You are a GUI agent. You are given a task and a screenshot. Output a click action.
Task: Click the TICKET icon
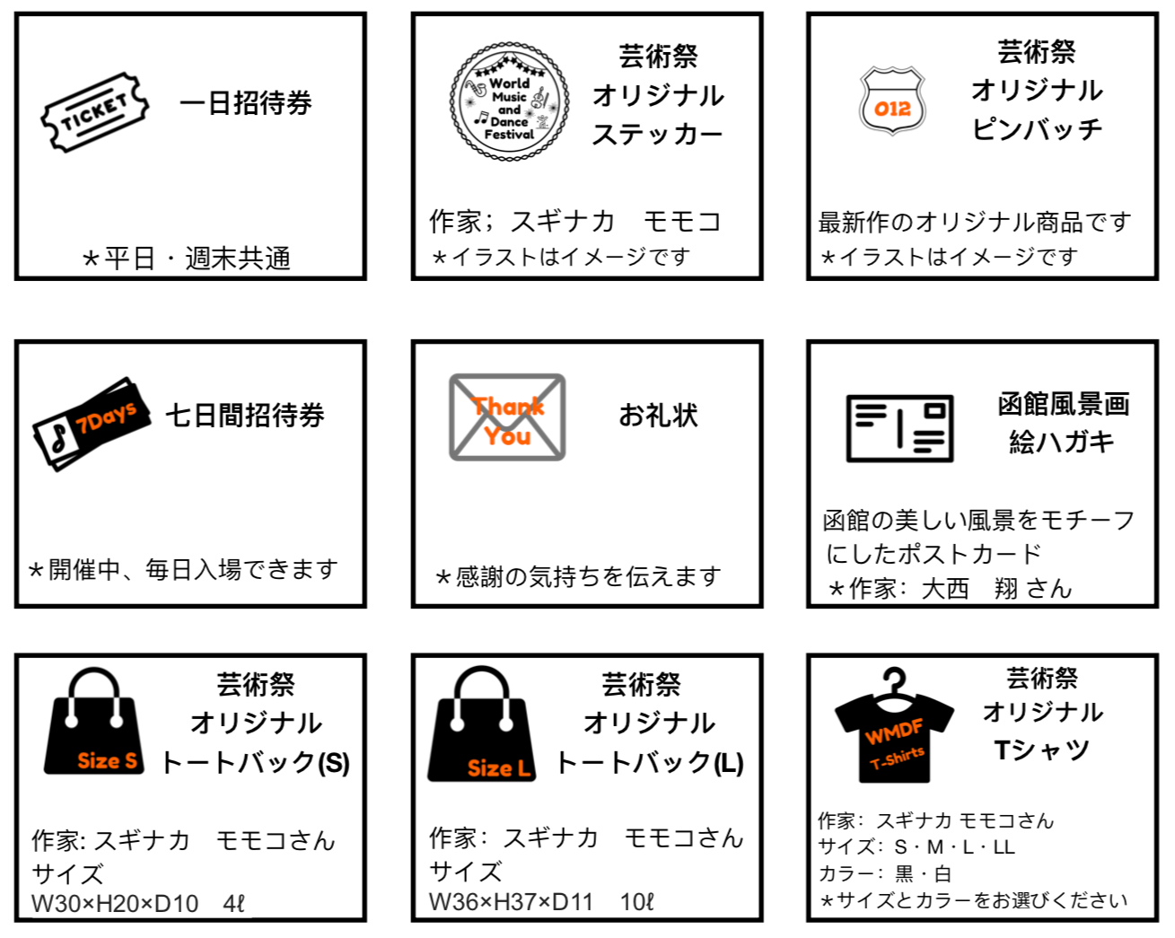click(95, 112)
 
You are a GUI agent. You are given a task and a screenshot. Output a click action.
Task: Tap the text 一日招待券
click(246, 102)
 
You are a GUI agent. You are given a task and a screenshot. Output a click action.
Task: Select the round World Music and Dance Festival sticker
click(510, 101)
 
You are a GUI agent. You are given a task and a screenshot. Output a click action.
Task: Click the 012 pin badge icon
click(893, 101)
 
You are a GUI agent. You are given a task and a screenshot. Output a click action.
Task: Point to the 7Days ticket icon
click(92, 425)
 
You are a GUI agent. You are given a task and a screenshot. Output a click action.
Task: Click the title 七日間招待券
click(245, 416)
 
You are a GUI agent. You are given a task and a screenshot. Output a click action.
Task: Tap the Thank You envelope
click(507, 417)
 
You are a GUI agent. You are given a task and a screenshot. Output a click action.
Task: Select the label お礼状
click(659, 415)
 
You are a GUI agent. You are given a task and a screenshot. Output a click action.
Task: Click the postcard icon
click(899, 428)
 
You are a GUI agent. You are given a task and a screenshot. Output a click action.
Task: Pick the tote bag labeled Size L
click(481, 724)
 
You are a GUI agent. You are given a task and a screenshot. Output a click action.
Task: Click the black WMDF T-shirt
click(894, 727)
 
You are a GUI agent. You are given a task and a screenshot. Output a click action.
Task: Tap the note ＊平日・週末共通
click(186, 259)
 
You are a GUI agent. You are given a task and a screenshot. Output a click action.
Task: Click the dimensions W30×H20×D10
click(115, 904)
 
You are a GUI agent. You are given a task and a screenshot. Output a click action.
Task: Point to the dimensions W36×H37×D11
click(511, 902)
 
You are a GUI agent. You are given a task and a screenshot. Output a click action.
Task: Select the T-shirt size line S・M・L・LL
click(916, 846)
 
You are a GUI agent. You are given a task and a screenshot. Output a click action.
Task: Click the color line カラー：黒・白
click(884, 874)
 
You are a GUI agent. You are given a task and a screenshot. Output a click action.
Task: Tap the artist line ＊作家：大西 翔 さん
click(950, 589)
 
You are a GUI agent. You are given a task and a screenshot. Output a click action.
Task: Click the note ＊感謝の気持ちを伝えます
click(578, 576)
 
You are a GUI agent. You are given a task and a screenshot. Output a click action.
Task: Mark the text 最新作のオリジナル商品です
click(975, 223)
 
